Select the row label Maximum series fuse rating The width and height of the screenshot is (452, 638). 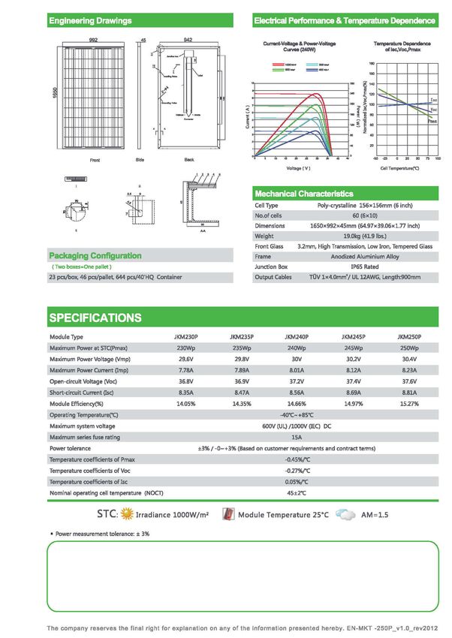pos(84,437)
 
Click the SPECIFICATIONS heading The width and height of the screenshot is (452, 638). pos(95,317)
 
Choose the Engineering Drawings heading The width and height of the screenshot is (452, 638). pos(90,20)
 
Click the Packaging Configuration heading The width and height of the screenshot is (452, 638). pos(95,256)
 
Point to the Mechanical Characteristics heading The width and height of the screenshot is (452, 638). pos(304,194)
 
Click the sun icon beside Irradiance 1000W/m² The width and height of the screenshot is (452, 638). pos(128,515)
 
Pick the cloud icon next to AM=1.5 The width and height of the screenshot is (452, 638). pos(346,515)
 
